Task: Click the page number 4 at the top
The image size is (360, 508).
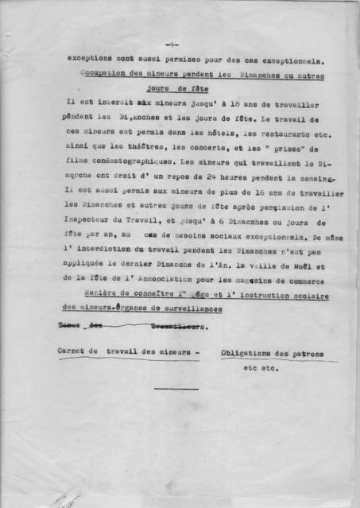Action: pos(172,44)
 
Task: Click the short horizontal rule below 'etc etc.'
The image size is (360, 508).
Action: pos(176,389)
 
